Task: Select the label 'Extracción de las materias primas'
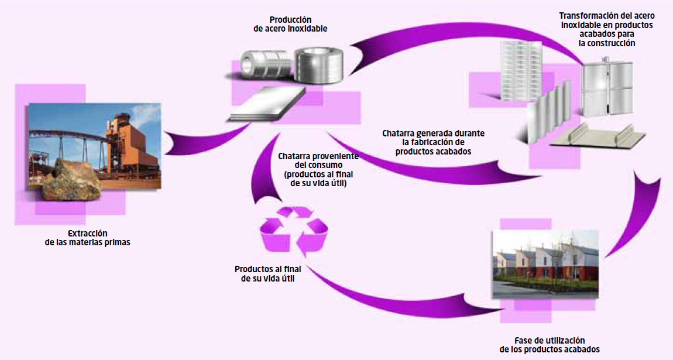[88, 238]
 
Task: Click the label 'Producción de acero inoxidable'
[290, 25]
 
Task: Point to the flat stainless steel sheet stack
[268, 105]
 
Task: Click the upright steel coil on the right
[318, 64]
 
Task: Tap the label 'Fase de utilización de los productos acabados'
[550, 345]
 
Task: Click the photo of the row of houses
[545, 264]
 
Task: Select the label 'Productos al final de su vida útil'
[268, 274]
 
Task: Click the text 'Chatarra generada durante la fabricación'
[434, 138]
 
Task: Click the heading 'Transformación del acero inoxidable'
[607, 20]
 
